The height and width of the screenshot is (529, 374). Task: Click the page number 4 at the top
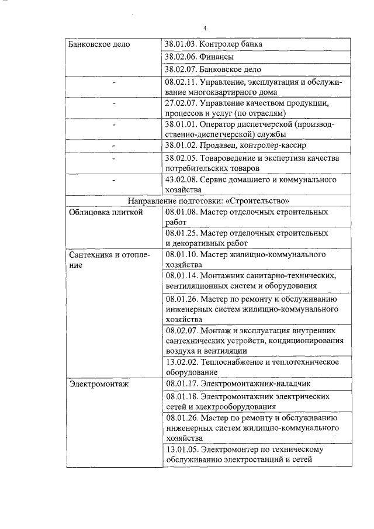[205, 28]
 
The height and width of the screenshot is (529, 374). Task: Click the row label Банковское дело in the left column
[99, 44]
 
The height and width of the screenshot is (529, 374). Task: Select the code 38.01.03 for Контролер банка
[181, 44]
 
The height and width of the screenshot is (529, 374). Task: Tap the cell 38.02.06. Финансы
[199, 57]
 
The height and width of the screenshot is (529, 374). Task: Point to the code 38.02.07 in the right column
[181, 70]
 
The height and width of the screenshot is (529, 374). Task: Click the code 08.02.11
[181, 83]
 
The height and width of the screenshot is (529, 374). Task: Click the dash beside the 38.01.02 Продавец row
[114, 144]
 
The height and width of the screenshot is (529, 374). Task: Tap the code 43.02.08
[181, 180]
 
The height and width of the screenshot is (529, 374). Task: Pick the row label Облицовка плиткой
[106, 213]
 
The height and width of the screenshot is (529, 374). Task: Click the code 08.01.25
[181, 233]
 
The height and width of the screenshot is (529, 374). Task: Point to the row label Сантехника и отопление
[109, 260]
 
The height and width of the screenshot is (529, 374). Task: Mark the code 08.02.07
[181, 330]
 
